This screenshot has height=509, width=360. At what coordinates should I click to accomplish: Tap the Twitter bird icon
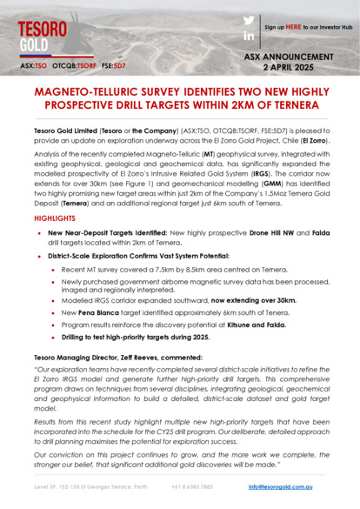point(249,20)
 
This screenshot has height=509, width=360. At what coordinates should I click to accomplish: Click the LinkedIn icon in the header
point(249,37)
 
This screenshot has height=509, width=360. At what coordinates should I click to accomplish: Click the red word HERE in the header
point(295,28)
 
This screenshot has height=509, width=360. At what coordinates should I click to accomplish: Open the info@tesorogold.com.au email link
point(280,486)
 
